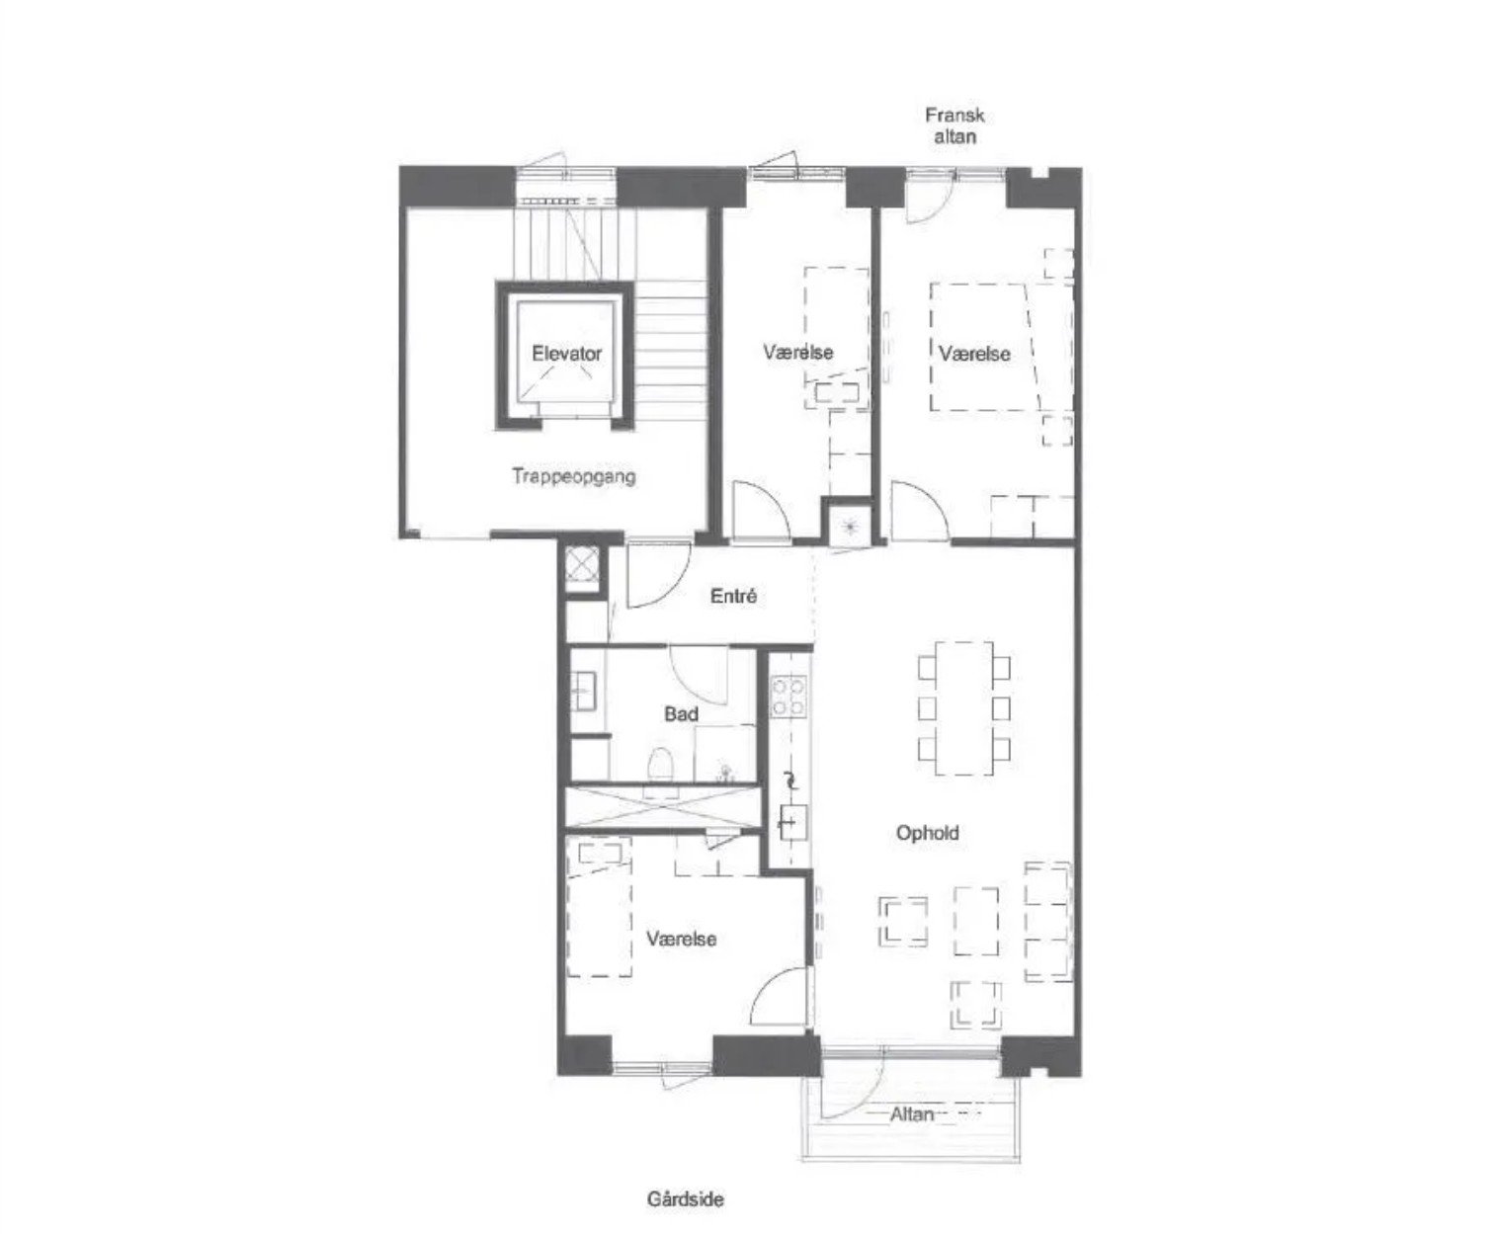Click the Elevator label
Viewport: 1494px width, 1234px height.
(x=566, y=353)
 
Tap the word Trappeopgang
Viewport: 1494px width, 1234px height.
(x=574, y=476)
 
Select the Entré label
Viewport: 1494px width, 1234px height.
(x=733, y=596)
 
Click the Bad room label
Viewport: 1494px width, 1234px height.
(x=681, y=713)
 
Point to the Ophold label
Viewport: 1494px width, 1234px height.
(x=927, y=833)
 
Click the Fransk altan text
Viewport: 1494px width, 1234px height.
(x=954, y=125)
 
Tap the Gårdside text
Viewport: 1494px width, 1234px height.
(x=686, y=1199)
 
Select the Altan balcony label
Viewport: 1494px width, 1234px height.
(x=912, y=1113)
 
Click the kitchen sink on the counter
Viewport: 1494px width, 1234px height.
(x=792, y=823)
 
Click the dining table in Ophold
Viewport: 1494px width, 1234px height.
(x=963, y=708)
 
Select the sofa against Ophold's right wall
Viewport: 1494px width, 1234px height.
(x=1048, y=922)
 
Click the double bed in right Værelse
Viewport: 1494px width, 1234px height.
(x=1002, y=347)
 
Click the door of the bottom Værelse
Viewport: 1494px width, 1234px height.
(x=780, y=997)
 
